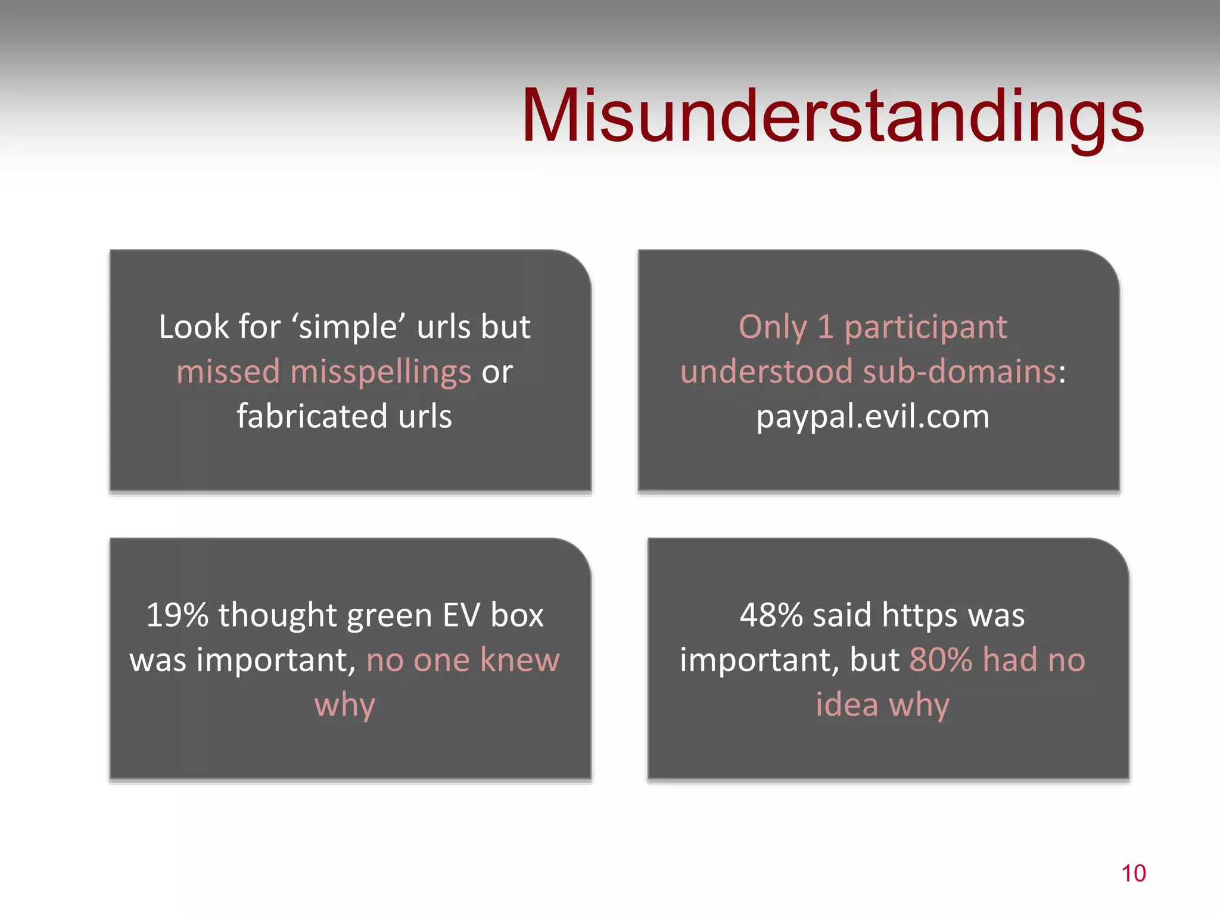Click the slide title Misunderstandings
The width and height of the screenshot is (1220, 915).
(x=832, y=116)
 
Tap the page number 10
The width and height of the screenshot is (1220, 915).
(x=1133, y=873)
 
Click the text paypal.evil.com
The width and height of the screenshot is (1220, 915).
(x=873, y=416)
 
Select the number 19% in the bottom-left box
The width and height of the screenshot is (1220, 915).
(x=177, y=615)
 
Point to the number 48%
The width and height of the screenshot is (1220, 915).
(x=771, y=615)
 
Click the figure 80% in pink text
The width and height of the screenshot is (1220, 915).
(x=941, y=659)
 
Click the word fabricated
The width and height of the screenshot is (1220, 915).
(x=312, y=416)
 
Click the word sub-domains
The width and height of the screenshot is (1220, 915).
(x=959, y=372)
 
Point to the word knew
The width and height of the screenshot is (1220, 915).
(x=519, y=659)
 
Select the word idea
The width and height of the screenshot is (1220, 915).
(x=846, y=704)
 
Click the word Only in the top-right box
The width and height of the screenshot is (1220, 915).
(x=773, y=328)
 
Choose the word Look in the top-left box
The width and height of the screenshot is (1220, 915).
(x=189, y=326)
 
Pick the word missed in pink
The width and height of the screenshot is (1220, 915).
(x=228, y=372)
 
